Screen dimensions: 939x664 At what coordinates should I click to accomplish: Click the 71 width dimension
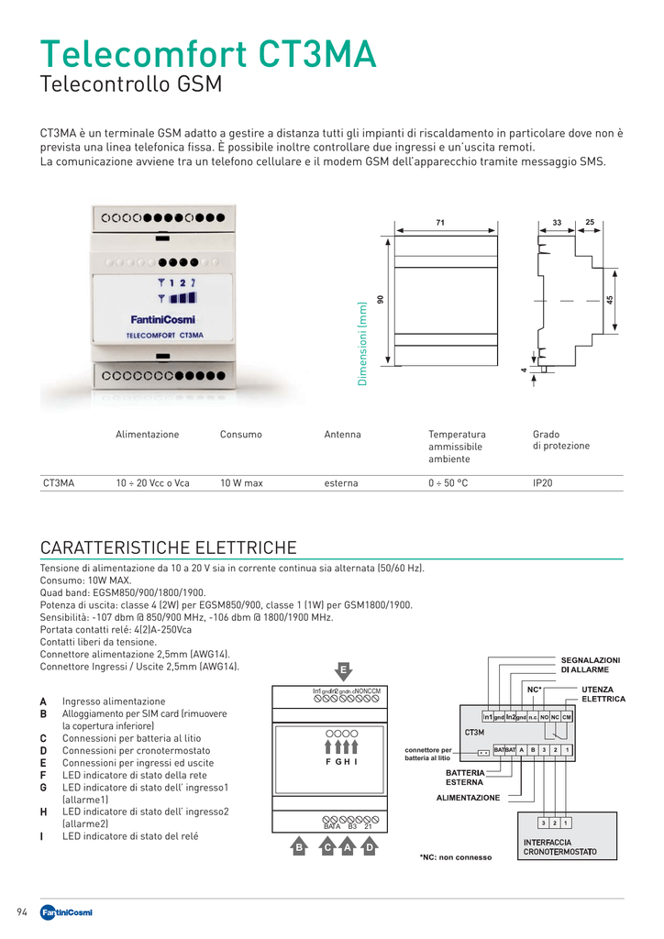pyautogui.click(x=440, y=223)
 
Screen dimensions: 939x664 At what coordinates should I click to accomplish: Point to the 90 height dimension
pyautogui.click(x=380, y=300)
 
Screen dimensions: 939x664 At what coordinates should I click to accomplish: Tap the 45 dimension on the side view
pyautogui.click(x=610, y=300)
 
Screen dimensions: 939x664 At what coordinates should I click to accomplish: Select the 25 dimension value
pyautogui.click(x=590, y=222)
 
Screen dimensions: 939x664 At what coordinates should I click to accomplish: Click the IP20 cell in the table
pyautogui.click(x=543, y=482)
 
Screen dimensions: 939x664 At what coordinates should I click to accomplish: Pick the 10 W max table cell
pyautogui.click(x=241, y=482)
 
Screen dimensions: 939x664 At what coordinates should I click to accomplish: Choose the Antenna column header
pyautogui.click(x=342, y=435)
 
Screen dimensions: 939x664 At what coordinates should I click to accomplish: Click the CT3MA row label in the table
pyautogui.click(x=59, y=482)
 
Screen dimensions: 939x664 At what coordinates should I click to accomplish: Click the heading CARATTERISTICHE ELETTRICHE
pyautogui.click(x=168, y=548)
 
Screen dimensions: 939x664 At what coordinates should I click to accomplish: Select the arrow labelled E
pyautogui.click(x=343, y=670)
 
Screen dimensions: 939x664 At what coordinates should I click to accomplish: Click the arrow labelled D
pyautogui.click(x=369, y=848)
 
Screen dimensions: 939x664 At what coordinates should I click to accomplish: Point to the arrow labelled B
pyautogui.click(x=298, y=848)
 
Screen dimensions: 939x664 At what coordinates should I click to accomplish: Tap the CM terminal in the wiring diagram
pyautogui.click(x=567, y=716)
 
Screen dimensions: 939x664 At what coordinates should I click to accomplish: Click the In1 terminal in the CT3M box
pyautogui.click(x=489, y=716)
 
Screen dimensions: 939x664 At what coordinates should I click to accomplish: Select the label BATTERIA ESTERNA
pyautogui.click(x=465, y=778)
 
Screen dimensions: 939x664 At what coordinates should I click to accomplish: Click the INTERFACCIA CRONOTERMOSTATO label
pyautogui.click(x=559, y=847)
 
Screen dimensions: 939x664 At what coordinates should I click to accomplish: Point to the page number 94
pyautogui.click(x=23, y=911)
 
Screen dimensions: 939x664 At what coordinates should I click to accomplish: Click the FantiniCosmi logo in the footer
pyautogui.click(x=66, y=911)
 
